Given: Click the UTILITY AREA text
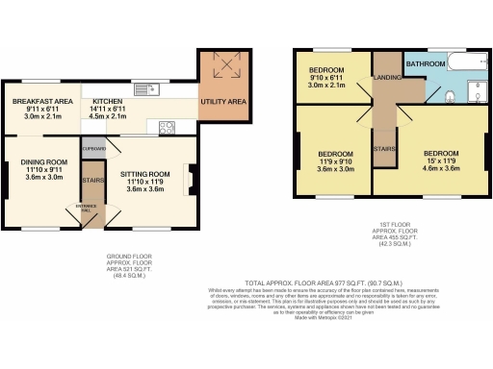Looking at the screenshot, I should pos(222,100).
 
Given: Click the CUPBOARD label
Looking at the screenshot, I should pos(93,149).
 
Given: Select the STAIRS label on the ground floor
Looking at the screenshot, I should pos(93,180).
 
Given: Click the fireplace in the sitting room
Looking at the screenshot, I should pos(190,179).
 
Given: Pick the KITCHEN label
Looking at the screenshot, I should pos(108,101).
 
